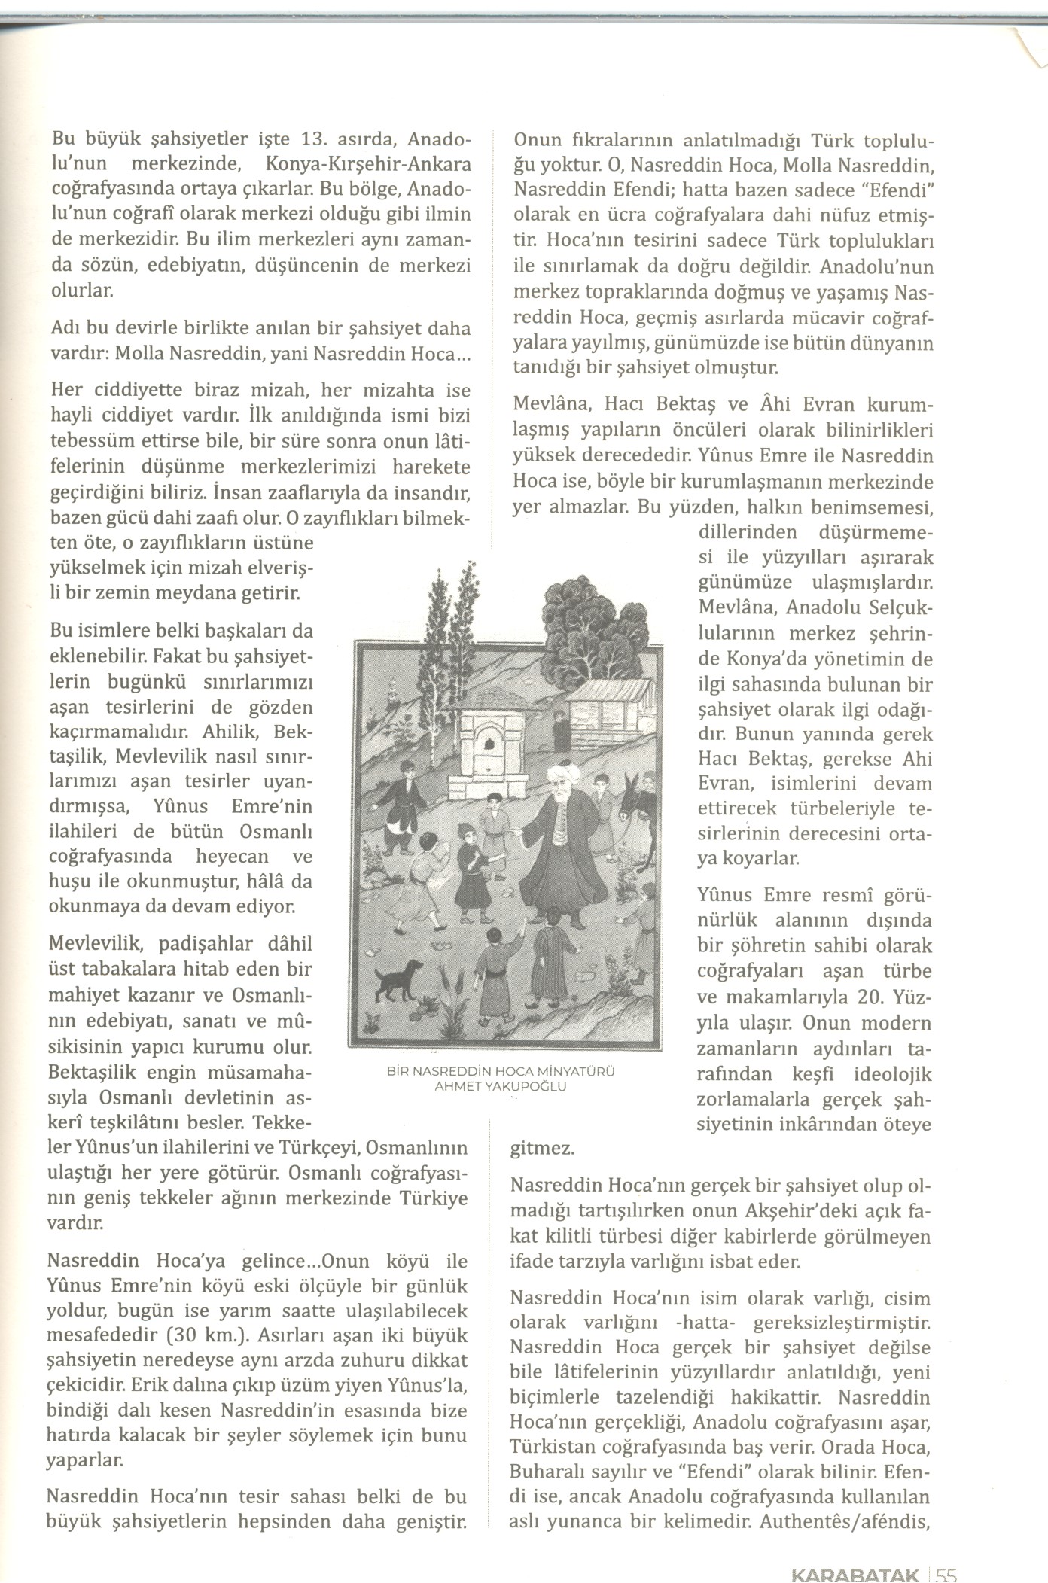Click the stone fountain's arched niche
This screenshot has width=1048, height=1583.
[x=490, y=744]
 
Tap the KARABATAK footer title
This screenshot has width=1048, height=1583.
[x=855, y=1572]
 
